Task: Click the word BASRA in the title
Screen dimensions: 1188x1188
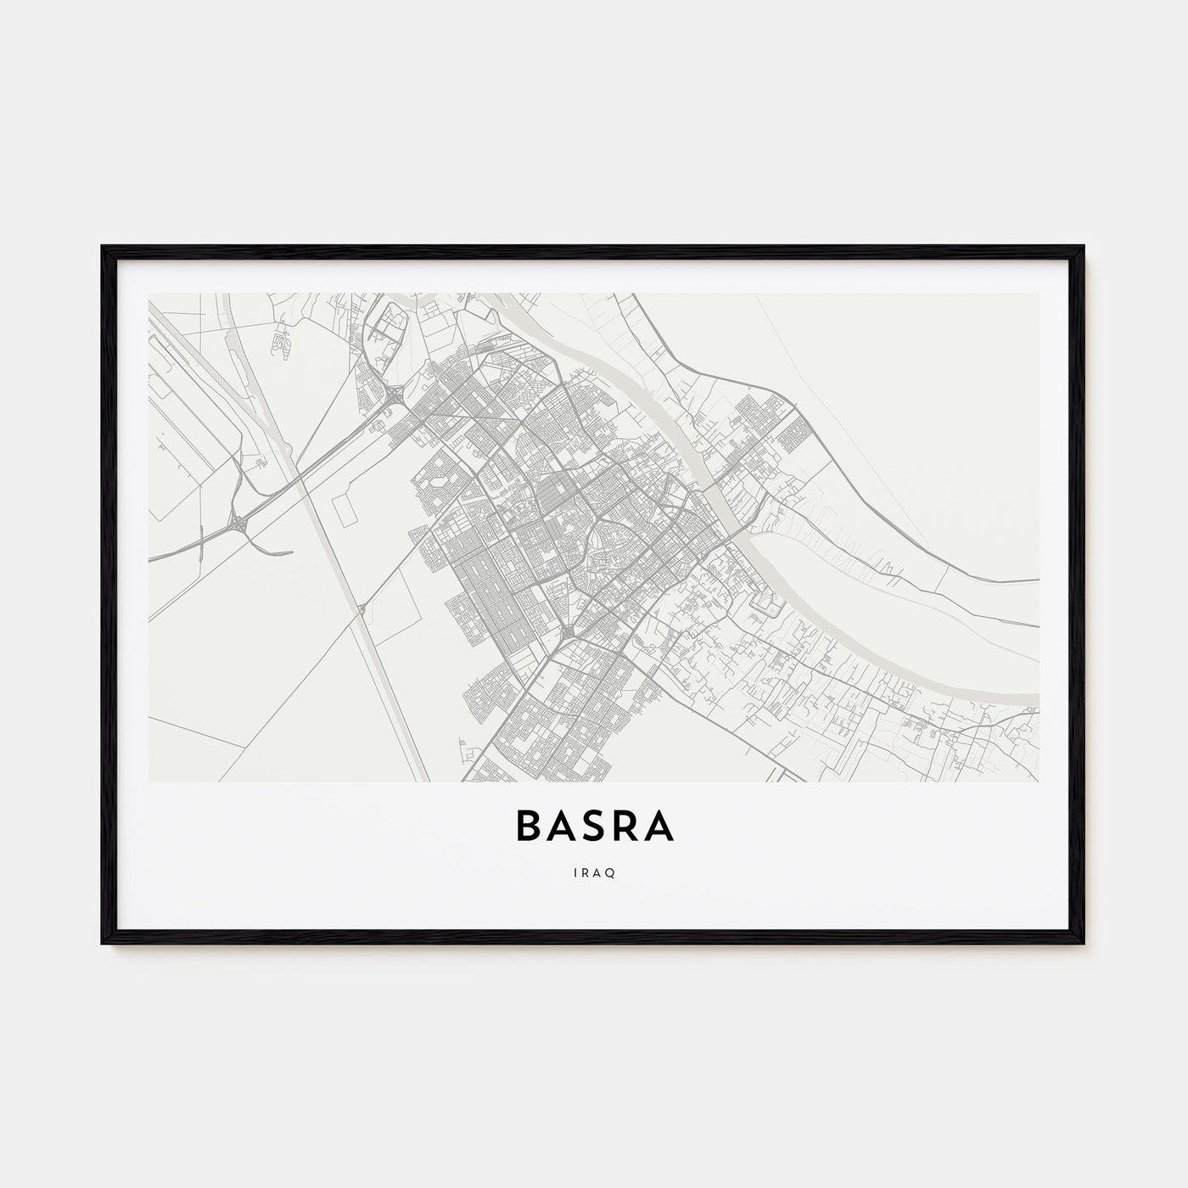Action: coord(594,828)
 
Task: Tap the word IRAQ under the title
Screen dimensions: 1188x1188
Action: coord(594,871)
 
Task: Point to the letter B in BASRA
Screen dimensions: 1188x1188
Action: coord(528,828)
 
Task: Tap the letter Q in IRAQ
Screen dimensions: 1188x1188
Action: coord(612,871)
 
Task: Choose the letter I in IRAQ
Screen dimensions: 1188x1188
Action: coord(574,871)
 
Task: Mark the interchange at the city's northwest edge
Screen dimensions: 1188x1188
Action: coord(395,395)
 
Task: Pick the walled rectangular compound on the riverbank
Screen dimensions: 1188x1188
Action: coord(767,601)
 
